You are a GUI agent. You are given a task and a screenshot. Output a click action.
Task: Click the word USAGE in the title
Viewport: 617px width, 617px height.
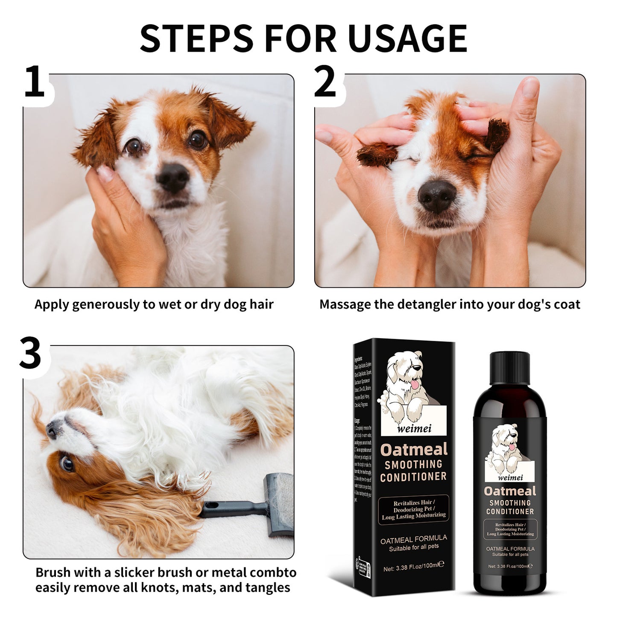click(x=407, y=39)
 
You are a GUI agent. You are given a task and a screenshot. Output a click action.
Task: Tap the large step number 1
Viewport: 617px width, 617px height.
click(x=34, y=82)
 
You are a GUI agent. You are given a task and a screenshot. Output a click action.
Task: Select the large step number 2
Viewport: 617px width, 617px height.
click(x=325, y=82)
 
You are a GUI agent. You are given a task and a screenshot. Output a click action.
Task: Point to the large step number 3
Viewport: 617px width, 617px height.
click(x=30, y=354)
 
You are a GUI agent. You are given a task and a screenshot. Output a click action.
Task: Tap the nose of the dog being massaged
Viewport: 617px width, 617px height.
click(x=436, y=196)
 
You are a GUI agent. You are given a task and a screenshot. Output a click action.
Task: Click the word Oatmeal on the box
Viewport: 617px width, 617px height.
click(x=414, y=450)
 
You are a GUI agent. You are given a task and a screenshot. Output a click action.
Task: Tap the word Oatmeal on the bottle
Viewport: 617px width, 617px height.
click(x=510, y=491)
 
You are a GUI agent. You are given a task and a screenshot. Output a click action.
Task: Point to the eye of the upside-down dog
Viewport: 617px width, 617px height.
click(x=66, y=463)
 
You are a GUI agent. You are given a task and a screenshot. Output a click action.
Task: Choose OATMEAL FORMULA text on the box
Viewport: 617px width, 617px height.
click(x=413, y=539)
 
